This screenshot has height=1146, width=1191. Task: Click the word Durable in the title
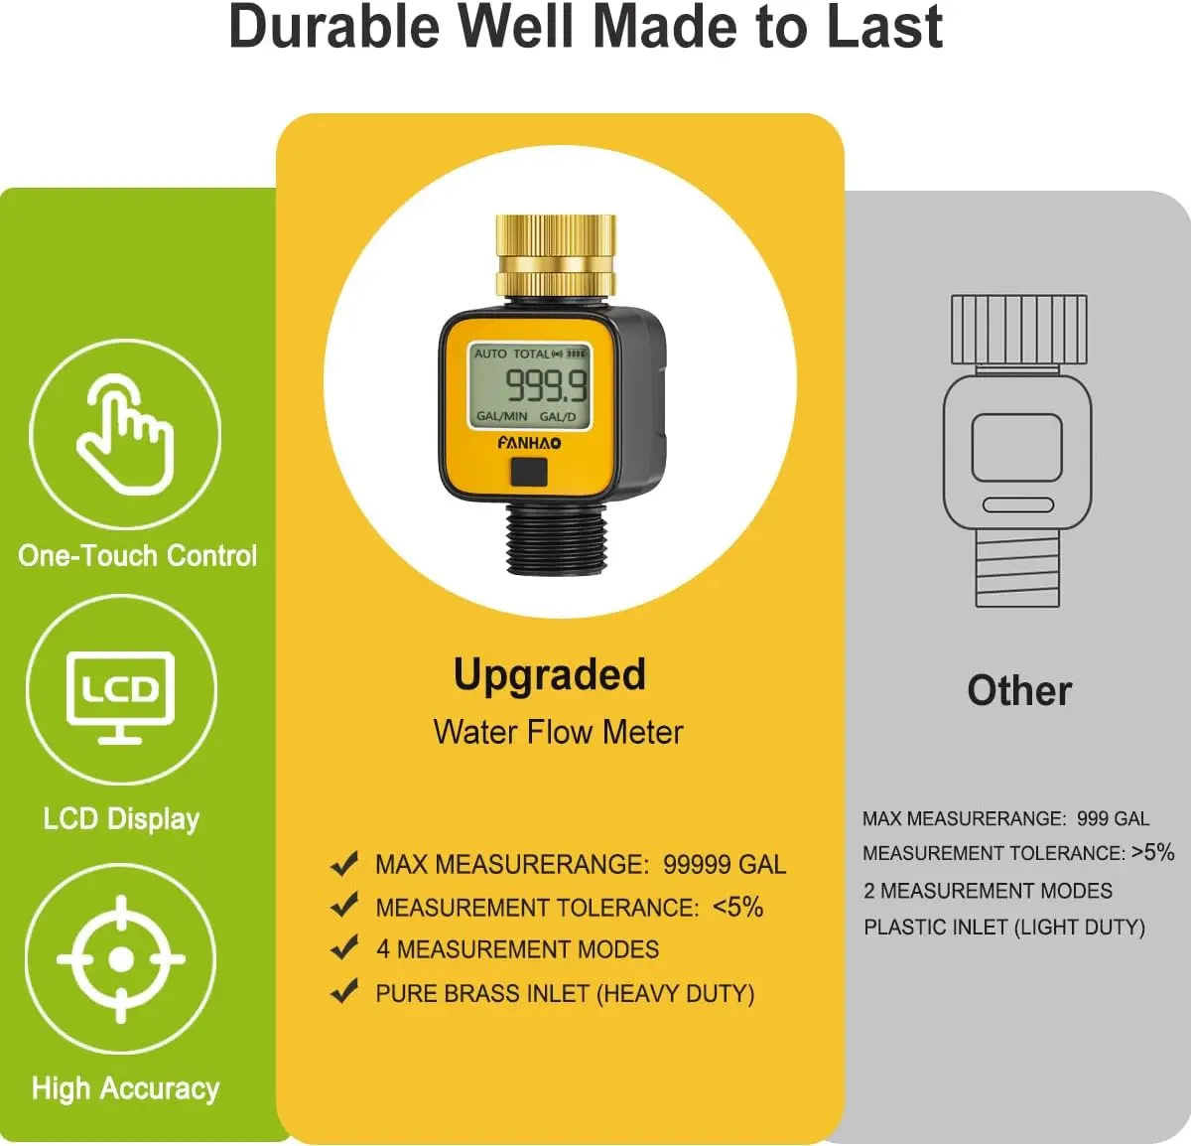coord(334,28)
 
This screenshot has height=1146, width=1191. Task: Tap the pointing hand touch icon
coord(125,434)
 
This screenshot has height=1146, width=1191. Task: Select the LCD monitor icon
coord(120,698)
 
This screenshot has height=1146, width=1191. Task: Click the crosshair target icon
coord(120,958)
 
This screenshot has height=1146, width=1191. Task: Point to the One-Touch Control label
coord(137,555)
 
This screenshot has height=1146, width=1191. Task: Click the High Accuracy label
coord(125,1088)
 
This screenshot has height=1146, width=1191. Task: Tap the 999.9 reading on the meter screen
coord(546,386)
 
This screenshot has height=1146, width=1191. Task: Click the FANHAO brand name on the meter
coord(529,443)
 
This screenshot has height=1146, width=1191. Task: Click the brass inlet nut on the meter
coord(555,255)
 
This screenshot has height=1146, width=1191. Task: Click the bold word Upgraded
coord(549,674)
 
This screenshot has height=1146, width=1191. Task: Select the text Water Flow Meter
coord(558,732)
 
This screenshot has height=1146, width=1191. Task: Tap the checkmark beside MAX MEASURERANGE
coord(344,864)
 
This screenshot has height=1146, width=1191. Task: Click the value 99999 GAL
coord(725,865)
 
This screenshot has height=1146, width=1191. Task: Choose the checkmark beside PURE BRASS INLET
coord(344,992)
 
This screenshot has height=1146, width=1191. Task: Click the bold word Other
coord(1019,691)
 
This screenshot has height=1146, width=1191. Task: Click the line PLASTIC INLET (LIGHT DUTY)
coord(1004,928)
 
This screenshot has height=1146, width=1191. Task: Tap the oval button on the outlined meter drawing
coord(1017,504)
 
